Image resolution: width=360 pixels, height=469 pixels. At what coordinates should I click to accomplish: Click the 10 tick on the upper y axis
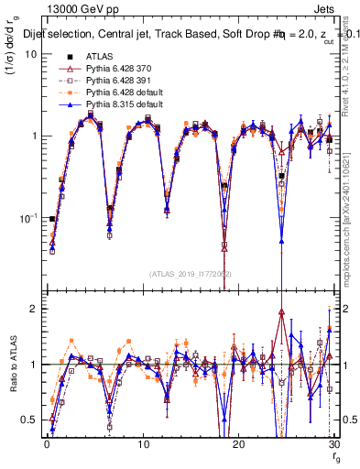(x=29, y=53)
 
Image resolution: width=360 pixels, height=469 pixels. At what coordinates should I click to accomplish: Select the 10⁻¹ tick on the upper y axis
(x=27, y=218)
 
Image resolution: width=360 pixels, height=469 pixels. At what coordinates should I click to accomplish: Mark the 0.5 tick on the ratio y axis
(x=27, y=420)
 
